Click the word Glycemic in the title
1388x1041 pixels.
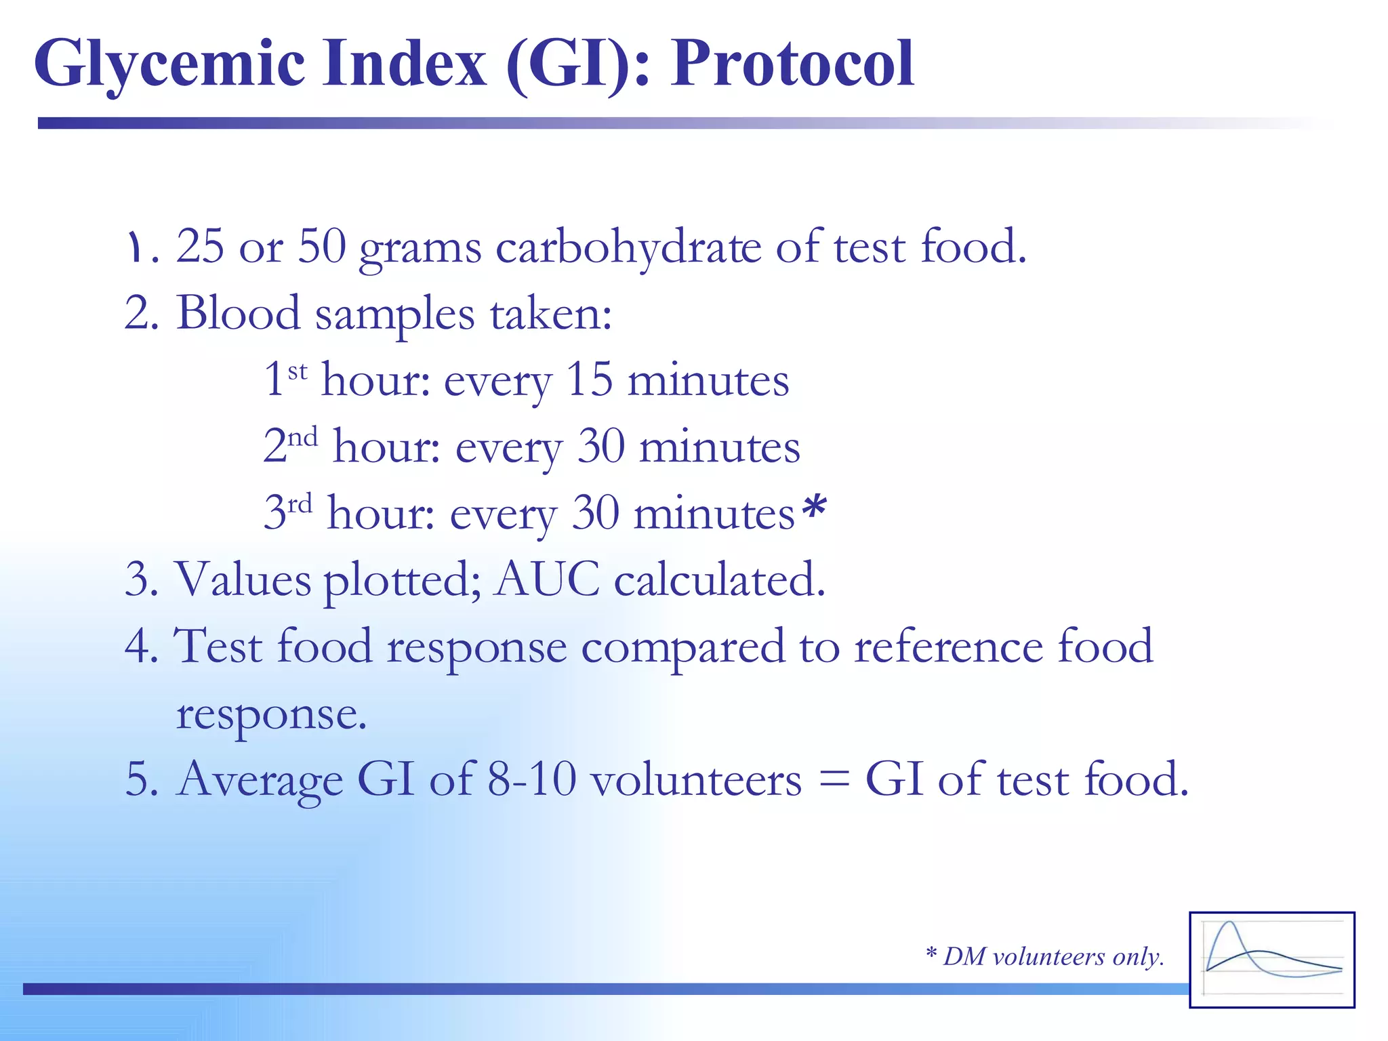tap(169, 64)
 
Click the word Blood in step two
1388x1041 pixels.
tap(238, 313)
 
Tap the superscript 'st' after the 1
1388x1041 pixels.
tap(298, 371)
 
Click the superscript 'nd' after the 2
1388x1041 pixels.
tap(302, 437)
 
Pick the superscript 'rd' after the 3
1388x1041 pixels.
tap(300, 504)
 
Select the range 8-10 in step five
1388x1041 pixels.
tap(531, 779)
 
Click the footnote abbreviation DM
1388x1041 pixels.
tap(964, 956)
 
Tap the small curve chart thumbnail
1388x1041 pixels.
tap(1271, 960)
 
